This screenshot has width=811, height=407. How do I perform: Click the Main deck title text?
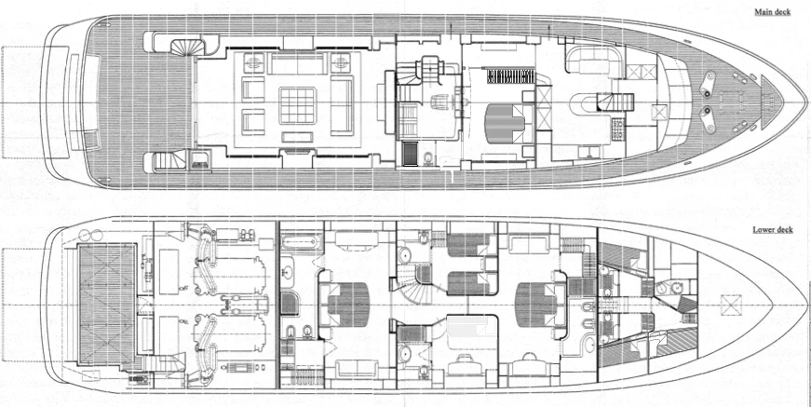772,12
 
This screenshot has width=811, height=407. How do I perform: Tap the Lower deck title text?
773,230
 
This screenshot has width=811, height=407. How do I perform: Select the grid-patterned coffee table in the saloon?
297,105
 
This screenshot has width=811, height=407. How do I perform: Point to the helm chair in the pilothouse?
439,102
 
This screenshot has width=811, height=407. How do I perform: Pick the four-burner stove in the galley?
617,129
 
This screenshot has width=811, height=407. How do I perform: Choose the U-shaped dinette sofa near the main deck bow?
594,60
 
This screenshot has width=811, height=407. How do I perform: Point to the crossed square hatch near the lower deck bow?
731,305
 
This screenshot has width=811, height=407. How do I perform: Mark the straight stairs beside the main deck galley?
615,102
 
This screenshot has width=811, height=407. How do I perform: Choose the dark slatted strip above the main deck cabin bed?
510,75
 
